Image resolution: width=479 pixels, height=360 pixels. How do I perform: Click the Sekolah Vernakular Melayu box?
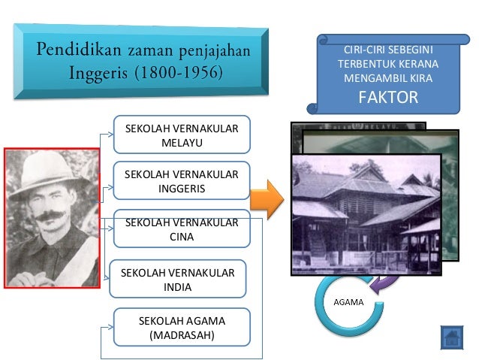181,135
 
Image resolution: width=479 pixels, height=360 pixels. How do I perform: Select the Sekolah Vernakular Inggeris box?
181,181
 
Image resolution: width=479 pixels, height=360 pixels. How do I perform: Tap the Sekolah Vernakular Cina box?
181,229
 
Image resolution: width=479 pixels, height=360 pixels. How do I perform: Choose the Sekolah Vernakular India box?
177,280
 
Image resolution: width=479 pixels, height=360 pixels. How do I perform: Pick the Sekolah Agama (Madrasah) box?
181,328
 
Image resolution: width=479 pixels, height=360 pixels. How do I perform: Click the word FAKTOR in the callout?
387,98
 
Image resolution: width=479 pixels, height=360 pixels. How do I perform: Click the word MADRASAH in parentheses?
182,334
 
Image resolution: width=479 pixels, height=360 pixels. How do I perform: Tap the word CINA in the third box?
181,237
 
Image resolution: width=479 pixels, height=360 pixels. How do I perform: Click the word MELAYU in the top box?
181,142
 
